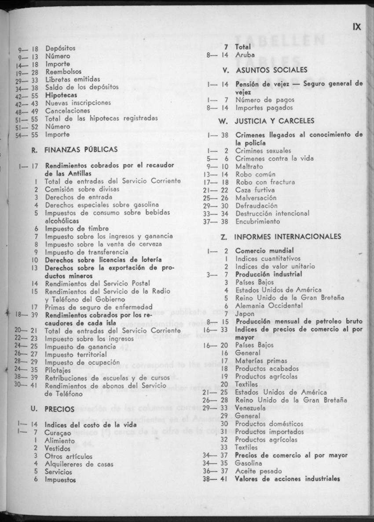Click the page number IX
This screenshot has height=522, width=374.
tap(356, 27)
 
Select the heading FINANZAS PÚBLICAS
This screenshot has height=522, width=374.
tap(81, 150)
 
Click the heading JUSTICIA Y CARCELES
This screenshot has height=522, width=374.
tap(275, 120)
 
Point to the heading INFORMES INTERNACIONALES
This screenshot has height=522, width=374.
tap(288, 237)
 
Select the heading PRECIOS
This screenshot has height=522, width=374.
tap(59, 409)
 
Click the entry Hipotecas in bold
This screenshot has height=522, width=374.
tap(61, 95)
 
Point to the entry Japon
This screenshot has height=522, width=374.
tap(245, 314)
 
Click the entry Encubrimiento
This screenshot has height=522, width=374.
tap(257, 221)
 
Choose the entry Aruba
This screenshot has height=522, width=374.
tap(245, 55)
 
